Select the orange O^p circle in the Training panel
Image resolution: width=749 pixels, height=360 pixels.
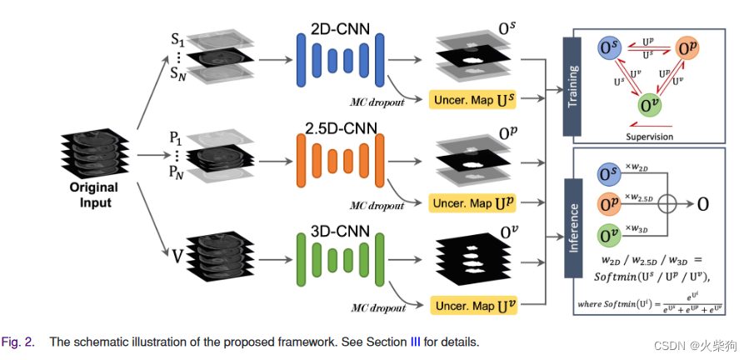tap(688, 50)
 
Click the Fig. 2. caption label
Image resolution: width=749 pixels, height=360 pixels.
tap(18, 342)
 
